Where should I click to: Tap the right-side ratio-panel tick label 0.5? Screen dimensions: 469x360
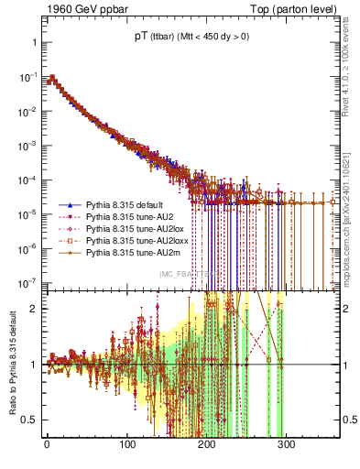(x=348, y=420)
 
